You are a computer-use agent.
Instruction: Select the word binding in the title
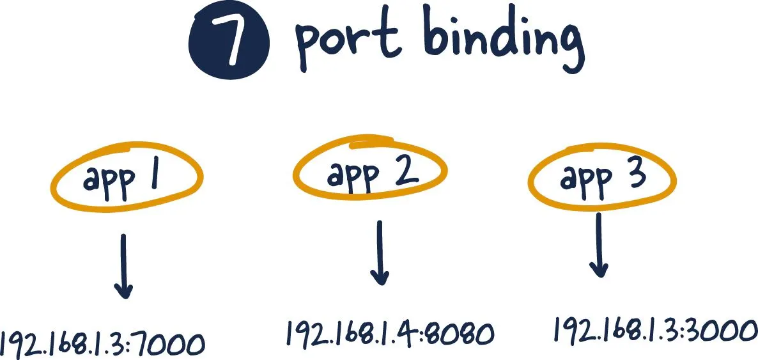[504, 41]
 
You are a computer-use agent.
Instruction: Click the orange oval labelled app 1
[127, 176]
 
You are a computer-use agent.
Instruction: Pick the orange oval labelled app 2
[370, 168]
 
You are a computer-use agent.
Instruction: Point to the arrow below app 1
[123, 267]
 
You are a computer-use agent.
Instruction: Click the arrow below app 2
[380, 253]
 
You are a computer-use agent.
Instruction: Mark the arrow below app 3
[599, 246]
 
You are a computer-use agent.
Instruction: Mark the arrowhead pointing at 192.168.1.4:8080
[380, 278]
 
